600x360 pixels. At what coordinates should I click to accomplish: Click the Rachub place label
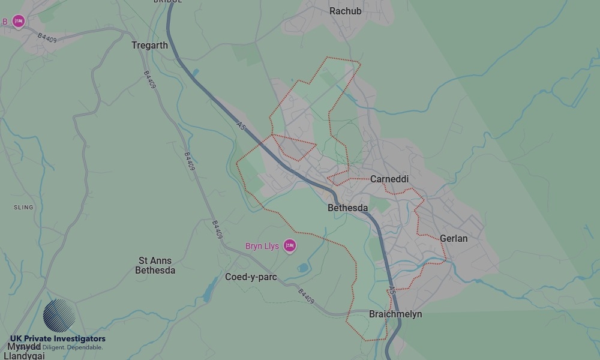pos(346,11)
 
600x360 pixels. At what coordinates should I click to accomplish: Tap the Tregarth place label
pos(149,45)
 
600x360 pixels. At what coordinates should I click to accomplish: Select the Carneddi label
pos(389,179)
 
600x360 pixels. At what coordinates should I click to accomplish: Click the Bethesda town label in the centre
pos(347,208)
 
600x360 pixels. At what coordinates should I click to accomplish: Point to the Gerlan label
pos(454,238)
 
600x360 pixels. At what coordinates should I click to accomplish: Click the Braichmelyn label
pos(395,314)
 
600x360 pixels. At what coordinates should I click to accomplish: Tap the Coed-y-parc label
pos(251,277)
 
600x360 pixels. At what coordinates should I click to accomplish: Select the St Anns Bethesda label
pos(155,265)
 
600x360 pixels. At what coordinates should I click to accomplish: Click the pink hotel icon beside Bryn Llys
pos(290,245)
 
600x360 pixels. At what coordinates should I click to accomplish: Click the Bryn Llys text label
pos(262,246)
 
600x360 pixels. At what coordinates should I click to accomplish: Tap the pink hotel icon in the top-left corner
pos(19,22)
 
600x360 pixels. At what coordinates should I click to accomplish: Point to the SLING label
pos(23,207)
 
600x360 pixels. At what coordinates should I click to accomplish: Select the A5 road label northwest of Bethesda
pos(241,127)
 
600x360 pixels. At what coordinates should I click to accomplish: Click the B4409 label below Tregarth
pos(149,80)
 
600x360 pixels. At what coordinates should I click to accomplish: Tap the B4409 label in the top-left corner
pos(47,37)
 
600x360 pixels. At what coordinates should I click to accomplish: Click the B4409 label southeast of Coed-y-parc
pos(306,296)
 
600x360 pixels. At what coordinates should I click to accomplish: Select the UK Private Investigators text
pos(58,339)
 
